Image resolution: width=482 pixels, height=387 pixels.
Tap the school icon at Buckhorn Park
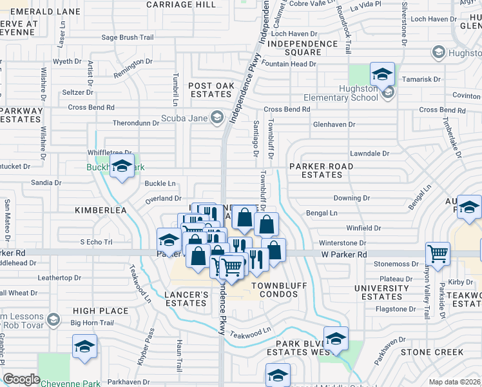[x=122, y=166]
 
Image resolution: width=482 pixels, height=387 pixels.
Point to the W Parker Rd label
[x=344, y=255]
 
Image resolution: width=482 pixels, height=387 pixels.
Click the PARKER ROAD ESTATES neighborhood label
[x=321, y=170]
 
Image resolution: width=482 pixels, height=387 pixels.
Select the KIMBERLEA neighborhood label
[x=98, y=210]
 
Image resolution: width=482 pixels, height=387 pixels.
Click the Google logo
[x=21, y=379]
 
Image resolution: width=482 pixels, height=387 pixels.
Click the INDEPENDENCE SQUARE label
[x=303, y=48]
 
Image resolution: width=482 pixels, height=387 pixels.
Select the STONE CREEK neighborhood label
[x=432, y=352]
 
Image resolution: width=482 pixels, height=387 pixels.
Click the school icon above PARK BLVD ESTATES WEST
[x=336, y=339]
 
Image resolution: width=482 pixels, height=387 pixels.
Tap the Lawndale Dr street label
[x=369, y=154]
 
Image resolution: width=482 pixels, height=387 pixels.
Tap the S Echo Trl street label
[x=96, y=242]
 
